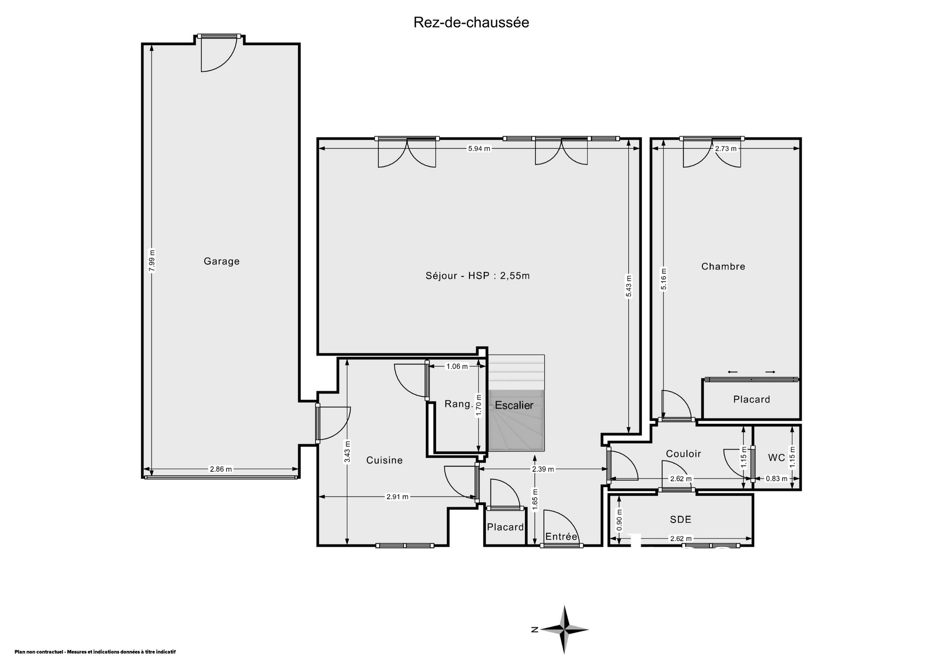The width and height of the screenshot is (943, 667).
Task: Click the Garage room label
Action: tap(222, 261)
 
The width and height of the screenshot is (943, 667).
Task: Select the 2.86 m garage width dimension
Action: tap(221, 469)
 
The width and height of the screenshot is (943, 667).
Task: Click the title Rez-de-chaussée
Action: tap(471, 23)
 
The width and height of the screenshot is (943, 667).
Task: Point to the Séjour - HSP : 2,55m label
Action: tap(478, 276)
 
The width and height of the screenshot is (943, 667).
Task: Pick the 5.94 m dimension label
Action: tap(479, 148)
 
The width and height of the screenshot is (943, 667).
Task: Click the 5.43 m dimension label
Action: tap(629, 286)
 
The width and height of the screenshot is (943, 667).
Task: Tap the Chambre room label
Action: tap(723, 267)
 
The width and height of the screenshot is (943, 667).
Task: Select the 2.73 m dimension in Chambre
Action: tap(726, 148)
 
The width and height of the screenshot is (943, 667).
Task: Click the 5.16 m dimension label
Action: tap(664, 279)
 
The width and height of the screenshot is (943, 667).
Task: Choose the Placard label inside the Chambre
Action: tap(751, 399)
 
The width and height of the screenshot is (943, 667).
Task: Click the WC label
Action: tap(777, 458)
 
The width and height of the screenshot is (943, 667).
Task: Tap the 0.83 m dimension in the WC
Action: tap(777, 478)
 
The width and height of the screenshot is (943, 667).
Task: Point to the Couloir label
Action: tap(683, 454)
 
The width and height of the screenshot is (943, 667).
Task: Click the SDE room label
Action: tap(681, 519)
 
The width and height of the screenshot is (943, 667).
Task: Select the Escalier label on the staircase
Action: tap(514, 405)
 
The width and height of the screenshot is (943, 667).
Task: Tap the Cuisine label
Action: tap(385, 460)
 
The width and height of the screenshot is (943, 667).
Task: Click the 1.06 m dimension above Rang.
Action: tap(457, 366)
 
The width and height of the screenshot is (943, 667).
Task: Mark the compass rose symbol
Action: tap(564, 629)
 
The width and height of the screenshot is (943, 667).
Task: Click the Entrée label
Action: tap(561, 537)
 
